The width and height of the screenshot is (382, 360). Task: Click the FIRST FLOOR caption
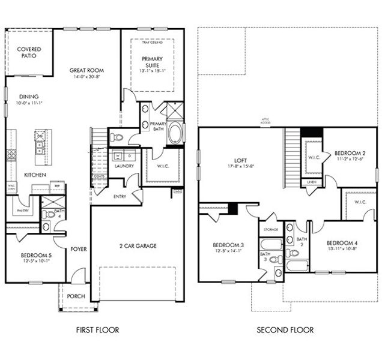point(97,329)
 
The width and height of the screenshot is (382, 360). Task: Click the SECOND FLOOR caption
point(285,329)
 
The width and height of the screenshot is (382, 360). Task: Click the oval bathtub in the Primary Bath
point(175,133)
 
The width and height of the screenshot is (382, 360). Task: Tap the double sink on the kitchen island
point(40,145)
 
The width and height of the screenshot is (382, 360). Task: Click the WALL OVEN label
point(11,188)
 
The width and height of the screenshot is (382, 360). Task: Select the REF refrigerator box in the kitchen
point(56,186)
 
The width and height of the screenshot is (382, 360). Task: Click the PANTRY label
point(24,211)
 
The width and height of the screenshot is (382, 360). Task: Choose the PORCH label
point(76,296)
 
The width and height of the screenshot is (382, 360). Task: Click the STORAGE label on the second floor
point(270,229)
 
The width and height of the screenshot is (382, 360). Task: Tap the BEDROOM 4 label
point(342,243)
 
